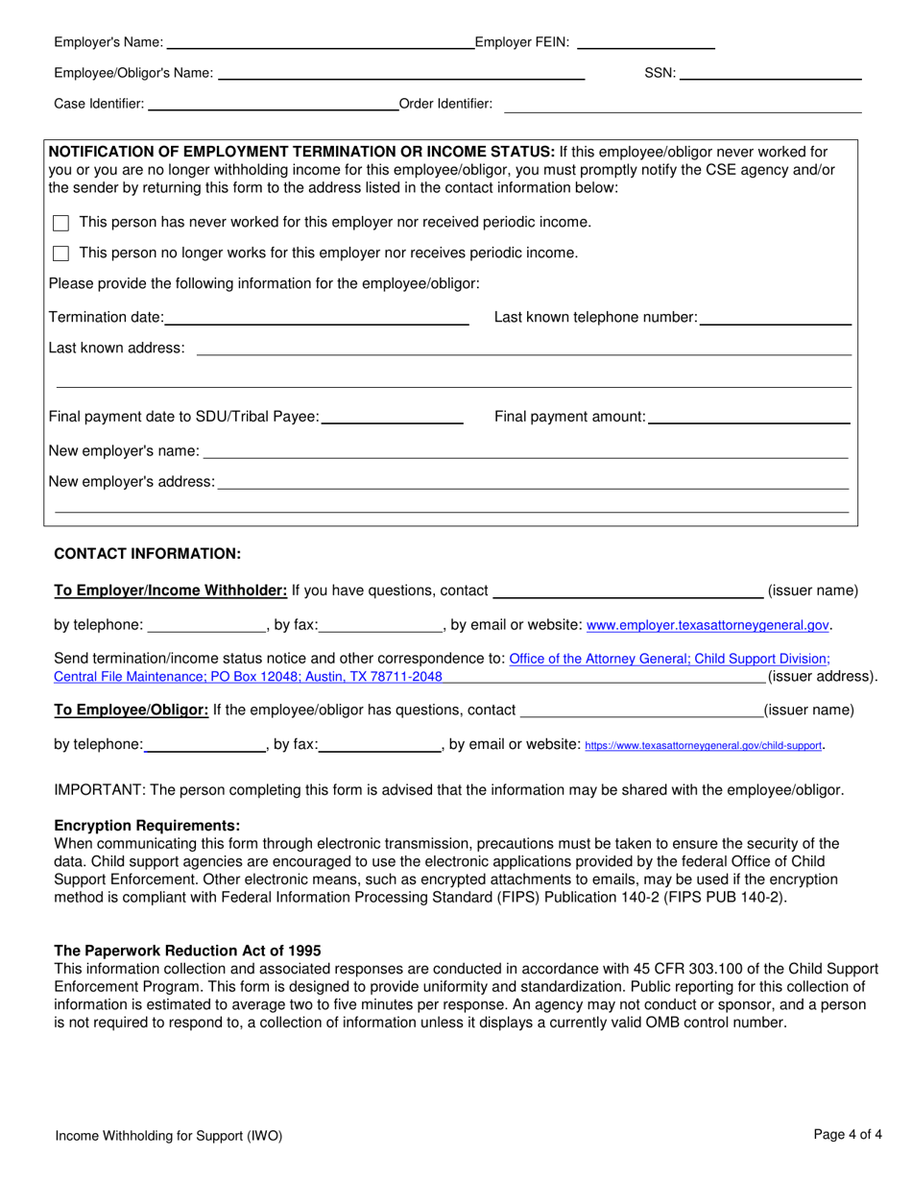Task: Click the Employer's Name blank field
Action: click(x=320, y=42)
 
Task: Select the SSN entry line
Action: click(x=770, y=73)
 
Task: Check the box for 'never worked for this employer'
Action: click(x=61, y=223)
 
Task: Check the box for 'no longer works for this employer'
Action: click(x=61, y=253)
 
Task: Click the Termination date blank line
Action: click(x=317, y=318)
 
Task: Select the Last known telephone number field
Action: click(x=776, y=318)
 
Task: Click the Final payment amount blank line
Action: click(x=749, y=417)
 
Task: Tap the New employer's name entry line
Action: click(x=525, y=451)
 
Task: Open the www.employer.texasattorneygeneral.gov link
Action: click(x=708, y=626)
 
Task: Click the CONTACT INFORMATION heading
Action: click(x=147, y=554)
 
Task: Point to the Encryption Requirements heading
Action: click(x=147, y=826)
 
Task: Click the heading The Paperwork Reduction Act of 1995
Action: click(x=187, y=951)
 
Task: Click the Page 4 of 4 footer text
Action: click(x=848, y=1134)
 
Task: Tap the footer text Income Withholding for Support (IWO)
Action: click(x=169, y=1136)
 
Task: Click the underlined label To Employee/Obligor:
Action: click(x=132, y=711)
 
